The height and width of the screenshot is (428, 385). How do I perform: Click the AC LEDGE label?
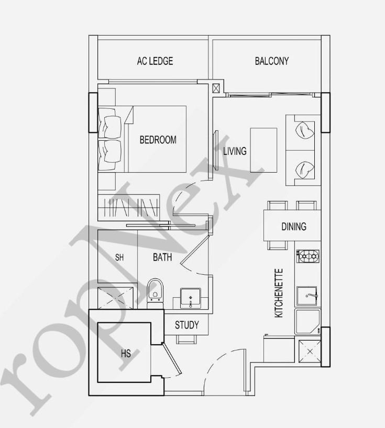click(155, 61)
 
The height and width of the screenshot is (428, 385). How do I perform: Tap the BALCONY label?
click(272, 61)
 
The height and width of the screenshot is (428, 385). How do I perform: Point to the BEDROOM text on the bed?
click(158, 140)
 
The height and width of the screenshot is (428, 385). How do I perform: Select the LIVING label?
click(235, 151)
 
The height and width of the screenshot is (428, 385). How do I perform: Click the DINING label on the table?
click(294, 226)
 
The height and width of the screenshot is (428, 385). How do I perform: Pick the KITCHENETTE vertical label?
click(279, 293)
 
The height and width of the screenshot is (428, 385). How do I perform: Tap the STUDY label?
click(187, 325)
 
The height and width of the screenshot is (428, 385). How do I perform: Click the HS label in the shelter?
click(126, 354)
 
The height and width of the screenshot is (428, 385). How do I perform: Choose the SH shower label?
click(119, 257)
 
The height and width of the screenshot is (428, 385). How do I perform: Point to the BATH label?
click(162, 257)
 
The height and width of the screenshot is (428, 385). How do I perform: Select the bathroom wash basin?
click(191, 298)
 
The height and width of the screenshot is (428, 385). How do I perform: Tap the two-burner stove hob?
click(308, 256)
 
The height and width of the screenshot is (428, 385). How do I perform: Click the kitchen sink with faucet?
click(307, 296)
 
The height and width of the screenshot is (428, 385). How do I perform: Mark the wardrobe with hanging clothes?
click(129, 207)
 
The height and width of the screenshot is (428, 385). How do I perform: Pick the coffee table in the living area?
click(263, 150)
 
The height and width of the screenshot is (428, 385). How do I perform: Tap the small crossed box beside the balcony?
click(216, 89)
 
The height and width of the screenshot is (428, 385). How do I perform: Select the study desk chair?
click(186, 339)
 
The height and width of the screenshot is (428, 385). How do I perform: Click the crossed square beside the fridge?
click(310, 351)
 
